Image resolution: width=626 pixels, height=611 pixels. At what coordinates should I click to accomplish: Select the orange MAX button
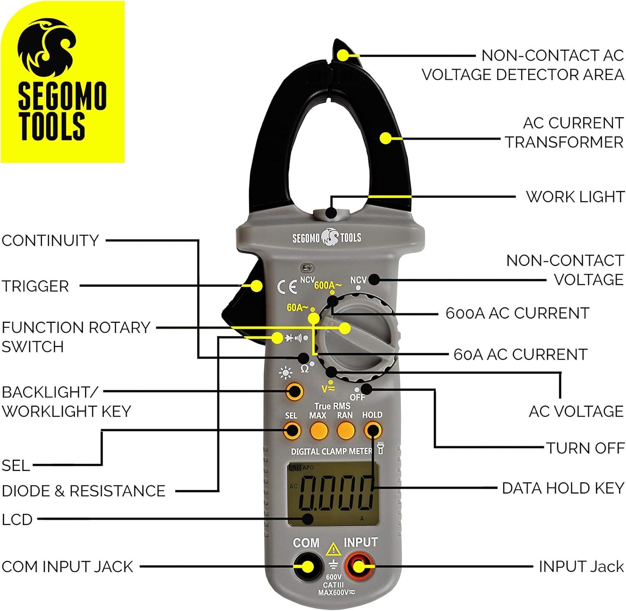coord(318,431)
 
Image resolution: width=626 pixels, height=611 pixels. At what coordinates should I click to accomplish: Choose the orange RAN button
coord(346,431)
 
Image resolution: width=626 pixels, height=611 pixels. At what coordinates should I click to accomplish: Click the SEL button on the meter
coord(292,430)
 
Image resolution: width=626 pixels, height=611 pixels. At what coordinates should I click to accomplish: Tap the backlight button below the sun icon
coord(295,391)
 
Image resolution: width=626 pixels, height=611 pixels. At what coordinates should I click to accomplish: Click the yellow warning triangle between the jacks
coord(333,550)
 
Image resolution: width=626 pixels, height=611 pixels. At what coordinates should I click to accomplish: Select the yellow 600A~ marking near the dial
coord(328,285)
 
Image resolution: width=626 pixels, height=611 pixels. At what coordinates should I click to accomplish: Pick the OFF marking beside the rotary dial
coord(357,397)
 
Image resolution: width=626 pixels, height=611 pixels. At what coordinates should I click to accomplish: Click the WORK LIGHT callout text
coord(575,197)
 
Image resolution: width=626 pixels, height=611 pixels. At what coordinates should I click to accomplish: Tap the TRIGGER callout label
coord(35,286)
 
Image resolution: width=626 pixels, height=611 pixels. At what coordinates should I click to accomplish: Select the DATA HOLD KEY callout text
coord(563,488)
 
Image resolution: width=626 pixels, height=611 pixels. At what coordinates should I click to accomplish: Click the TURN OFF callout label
coord(585,448)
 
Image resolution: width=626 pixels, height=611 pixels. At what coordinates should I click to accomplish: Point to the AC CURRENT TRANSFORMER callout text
coord(565,133)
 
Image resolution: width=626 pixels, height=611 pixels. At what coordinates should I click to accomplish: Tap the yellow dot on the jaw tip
coord(343,55)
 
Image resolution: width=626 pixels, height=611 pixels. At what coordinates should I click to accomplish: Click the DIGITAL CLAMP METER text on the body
coord(331,451)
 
